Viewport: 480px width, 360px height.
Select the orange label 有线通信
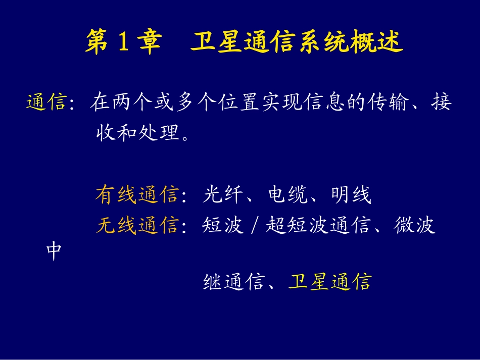coord(136,195)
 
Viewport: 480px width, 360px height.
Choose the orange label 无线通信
coord(136,225)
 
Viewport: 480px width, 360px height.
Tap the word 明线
coord(351,195)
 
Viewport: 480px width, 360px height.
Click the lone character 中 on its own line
coord(54,251)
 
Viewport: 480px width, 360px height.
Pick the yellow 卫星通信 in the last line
coord(329,282)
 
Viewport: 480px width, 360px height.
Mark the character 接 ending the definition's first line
coord(441,103)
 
